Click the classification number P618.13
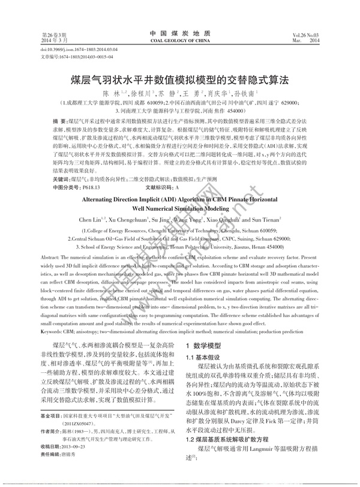point(86,188)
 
